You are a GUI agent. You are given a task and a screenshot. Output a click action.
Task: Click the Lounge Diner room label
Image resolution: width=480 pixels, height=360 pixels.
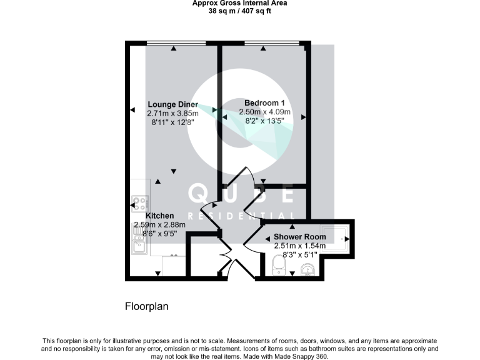172,104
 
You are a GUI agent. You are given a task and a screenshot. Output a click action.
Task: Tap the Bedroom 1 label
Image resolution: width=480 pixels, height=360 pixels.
264,103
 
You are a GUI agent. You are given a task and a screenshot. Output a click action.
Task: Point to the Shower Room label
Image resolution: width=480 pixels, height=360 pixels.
300,237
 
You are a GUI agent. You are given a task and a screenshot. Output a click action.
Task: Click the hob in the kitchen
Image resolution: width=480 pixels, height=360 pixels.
140,203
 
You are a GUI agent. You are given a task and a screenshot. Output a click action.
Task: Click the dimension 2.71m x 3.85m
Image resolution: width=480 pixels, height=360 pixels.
172,114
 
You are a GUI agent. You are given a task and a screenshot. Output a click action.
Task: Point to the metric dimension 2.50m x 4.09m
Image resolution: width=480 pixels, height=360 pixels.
264,112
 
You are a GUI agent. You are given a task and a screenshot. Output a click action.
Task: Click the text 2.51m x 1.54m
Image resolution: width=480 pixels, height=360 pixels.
300,246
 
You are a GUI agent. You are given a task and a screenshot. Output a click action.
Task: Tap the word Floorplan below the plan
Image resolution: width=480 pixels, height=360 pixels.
147,307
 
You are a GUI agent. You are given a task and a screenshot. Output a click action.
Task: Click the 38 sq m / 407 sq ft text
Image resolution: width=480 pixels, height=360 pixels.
239,11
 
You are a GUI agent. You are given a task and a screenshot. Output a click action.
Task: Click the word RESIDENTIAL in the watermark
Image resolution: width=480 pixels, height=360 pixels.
240,216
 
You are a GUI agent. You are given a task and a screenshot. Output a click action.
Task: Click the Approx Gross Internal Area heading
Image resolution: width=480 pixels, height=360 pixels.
239,3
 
